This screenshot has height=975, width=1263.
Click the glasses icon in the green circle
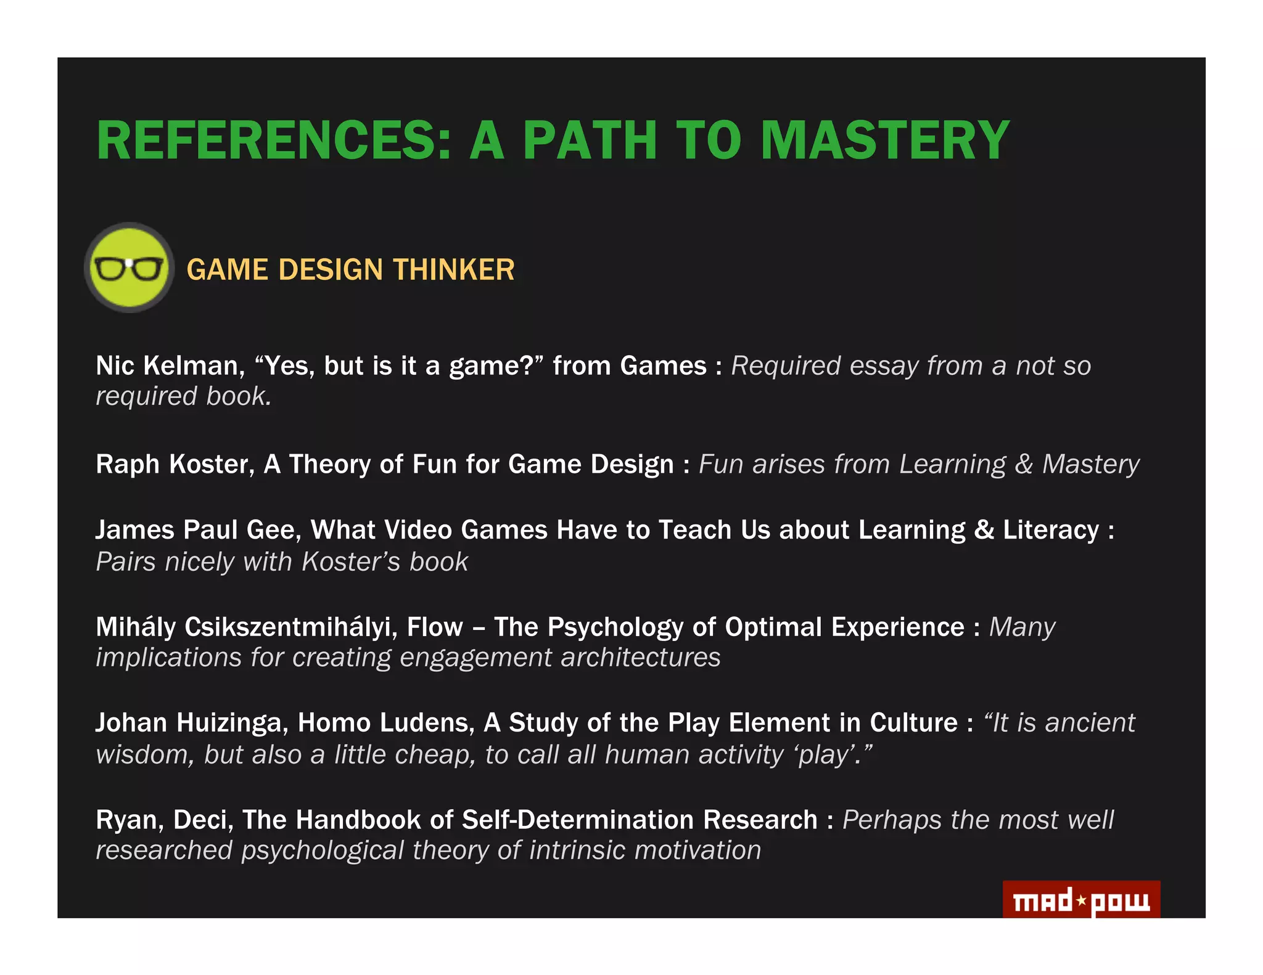coord(129,268)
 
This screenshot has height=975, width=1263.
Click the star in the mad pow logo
coord(1081,900)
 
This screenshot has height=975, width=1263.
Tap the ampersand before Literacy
coord(984,530)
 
